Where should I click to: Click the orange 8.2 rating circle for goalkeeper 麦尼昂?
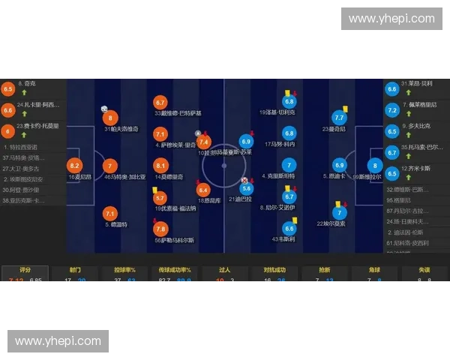coord(74,166)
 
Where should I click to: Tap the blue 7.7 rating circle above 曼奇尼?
coord(339,117)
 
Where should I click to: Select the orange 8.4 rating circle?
coord(202,190)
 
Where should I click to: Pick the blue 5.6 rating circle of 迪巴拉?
coord(246,188)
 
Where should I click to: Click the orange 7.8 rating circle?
coord(160,229)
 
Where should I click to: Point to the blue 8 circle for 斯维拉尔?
coord(376,166)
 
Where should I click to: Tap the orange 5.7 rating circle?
coord(160,198)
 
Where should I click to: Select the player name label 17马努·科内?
coord(280,144)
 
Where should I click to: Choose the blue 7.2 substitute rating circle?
coord(391,109)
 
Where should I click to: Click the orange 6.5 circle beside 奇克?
coord(8,89)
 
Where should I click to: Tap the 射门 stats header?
coord(75,270)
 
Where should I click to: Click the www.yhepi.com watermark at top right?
coord(391,18)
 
